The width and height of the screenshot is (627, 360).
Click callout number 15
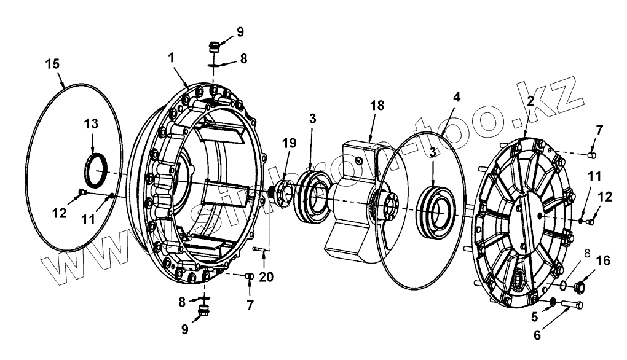(53, 63)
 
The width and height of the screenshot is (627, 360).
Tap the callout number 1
(172, 57)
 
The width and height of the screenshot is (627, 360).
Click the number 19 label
(289, 143)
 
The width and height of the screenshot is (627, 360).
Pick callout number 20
(265, 277)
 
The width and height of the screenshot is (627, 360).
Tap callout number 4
(457, 97)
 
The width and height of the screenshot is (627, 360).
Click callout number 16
(603, 261)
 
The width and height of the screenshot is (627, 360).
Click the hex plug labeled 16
(579, 286)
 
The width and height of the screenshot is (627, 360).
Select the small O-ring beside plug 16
(563, 285)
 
